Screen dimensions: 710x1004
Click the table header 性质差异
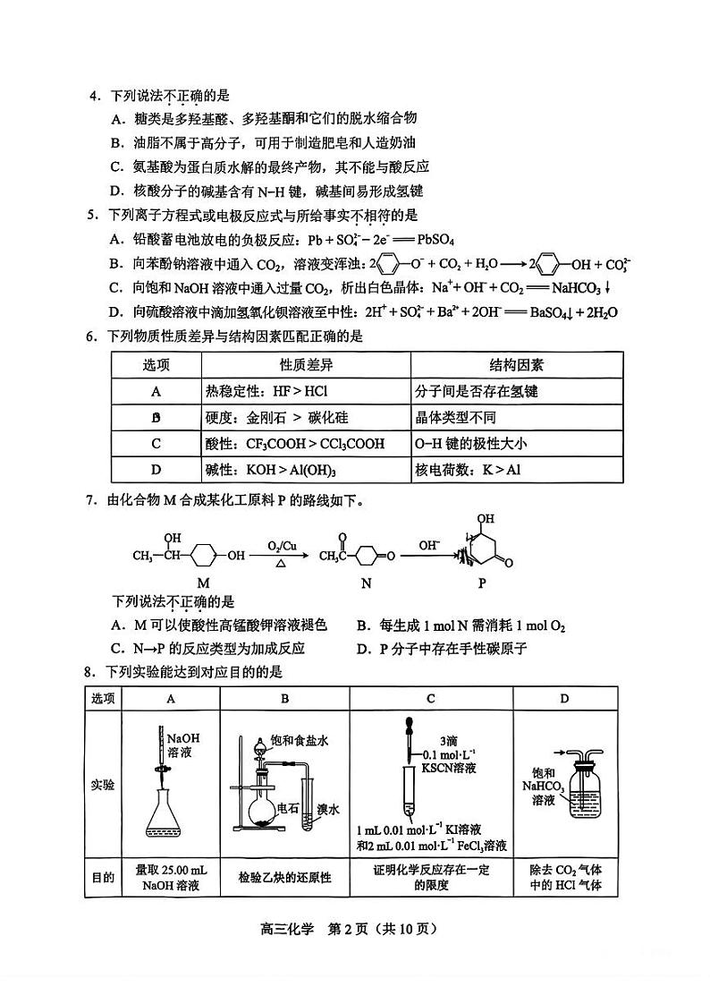point(306,365)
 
